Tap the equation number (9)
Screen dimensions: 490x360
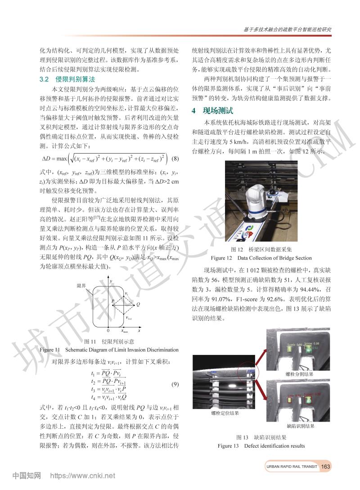175,384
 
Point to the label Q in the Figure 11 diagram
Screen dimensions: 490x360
138,304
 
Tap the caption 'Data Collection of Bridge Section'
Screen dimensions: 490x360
274,258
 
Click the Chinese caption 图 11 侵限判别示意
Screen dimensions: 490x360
109,342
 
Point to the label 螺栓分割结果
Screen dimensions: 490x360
300,374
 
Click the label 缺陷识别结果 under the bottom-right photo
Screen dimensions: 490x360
300,425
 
